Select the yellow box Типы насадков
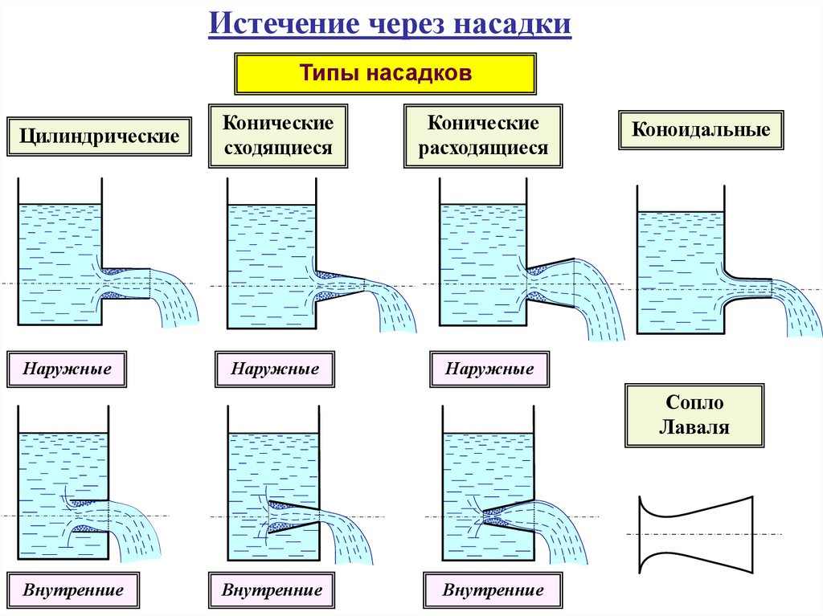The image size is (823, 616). pos(384,73)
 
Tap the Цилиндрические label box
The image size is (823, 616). pos(100,136)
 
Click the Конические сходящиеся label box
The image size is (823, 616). pos(278,136)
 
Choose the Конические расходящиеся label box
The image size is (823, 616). pos(483,136)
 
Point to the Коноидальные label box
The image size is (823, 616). pos(701,129)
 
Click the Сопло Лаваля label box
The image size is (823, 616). pos(694,414)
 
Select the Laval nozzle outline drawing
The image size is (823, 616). pos(696,534)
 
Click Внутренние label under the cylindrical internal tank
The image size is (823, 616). pos(73,591)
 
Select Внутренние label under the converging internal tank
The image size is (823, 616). pos(272,591)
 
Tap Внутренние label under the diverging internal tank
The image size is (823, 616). pos(493,591)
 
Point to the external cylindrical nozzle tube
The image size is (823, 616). pos(126,284)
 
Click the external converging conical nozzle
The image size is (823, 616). pos(340,285)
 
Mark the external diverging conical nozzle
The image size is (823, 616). pos(551,282)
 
